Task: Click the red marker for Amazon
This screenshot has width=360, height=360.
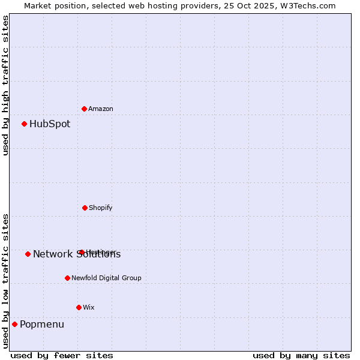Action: tap(85, 109)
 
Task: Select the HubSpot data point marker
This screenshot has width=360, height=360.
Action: tap(25, 124)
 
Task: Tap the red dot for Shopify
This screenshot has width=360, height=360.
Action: tap(85, 208)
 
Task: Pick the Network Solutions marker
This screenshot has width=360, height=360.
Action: tap(28, 254)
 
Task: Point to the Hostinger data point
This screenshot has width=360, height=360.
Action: tap(82, 252)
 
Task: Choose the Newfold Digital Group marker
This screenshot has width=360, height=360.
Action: tap(67, 278)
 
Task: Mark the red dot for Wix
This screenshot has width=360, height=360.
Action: tap(79, 307)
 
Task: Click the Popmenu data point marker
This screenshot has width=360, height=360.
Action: tap(14, 324)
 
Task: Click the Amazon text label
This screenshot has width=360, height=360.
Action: tap(101, 109)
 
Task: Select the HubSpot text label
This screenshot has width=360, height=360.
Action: tap(50, 124)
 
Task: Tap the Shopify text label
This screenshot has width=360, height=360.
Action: tap(101, 208)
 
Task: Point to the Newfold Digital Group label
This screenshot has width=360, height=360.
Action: tap(107, 278)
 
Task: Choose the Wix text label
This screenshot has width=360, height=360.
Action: tap(89, 307)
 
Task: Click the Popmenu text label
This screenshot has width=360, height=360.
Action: tap(42, 325)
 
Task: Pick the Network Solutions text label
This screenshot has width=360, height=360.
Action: tap(77, 254)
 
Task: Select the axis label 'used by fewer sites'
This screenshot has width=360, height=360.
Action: tap(62, 355)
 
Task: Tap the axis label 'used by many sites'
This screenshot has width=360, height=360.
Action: tap(301, 355)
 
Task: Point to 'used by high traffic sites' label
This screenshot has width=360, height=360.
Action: tap(5, 85)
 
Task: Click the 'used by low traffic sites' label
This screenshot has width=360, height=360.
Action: tap(5, 280)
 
